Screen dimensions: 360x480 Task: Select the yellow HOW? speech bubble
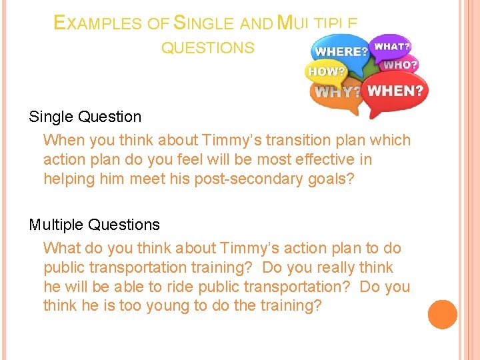[326, 71]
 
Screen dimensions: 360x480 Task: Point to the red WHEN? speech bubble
[396, 91]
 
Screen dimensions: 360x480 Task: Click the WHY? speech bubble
[337, 93]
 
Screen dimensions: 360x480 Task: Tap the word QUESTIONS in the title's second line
[207, 48]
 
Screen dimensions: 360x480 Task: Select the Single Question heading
[85, 117]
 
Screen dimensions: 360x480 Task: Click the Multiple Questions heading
[94, 225]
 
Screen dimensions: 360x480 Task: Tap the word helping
[67, 179]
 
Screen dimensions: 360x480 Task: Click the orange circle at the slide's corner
[442, 315]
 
